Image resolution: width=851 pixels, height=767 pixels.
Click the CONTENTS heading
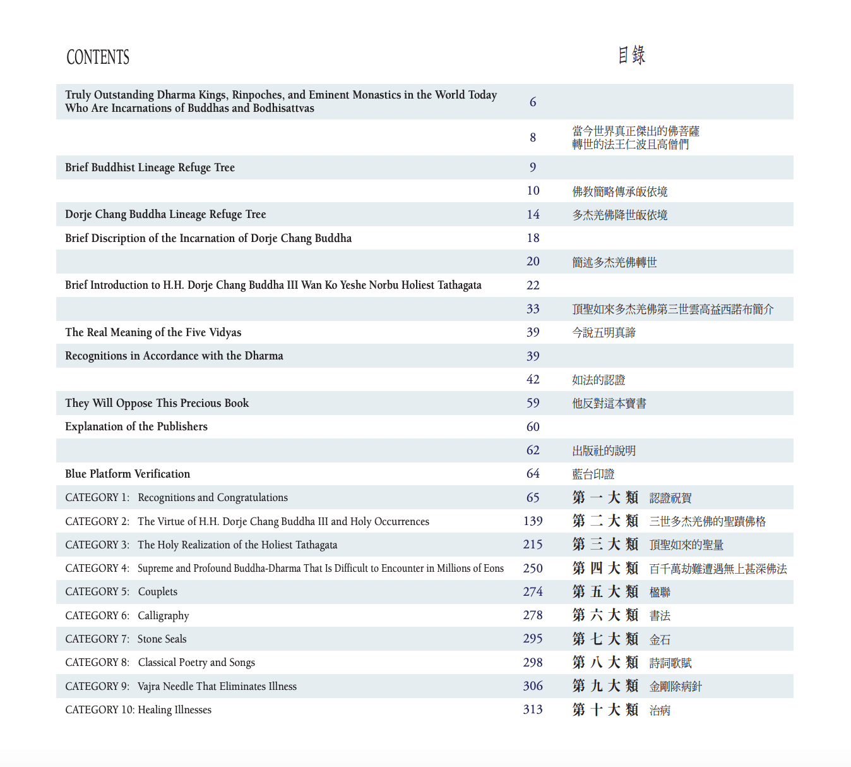pos(98,57)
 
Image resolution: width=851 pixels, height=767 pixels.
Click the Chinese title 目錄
pos(631,55)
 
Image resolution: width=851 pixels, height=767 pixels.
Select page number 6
pos(533,102)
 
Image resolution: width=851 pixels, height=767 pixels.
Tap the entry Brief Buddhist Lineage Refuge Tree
pos(150,167)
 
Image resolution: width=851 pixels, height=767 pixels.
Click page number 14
pos(533,215)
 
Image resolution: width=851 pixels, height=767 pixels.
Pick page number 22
pos(533,286)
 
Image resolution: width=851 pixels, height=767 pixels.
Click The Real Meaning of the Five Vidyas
pos(153,332)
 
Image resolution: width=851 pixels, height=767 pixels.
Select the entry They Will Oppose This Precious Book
pos(157,403)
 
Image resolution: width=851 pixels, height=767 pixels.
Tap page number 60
pos(533,427)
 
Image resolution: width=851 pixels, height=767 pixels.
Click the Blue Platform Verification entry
pos(128,474)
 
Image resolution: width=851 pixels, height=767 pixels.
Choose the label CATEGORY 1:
pos(97,498)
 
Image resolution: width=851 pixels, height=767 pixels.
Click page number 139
pos(533,521)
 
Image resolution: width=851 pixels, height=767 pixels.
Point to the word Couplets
pos(158,592)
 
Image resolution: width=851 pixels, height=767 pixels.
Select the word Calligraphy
pos(164,615)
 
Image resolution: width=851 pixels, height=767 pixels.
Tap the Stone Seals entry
pos(162,639)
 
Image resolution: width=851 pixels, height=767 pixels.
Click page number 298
pos(533,663)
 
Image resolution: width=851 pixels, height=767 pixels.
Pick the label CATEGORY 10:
pos(100,710)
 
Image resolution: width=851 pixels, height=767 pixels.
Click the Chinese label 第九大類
pos(605,686)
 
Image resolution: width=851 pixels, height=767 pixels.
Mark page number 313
pos(533,710)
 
